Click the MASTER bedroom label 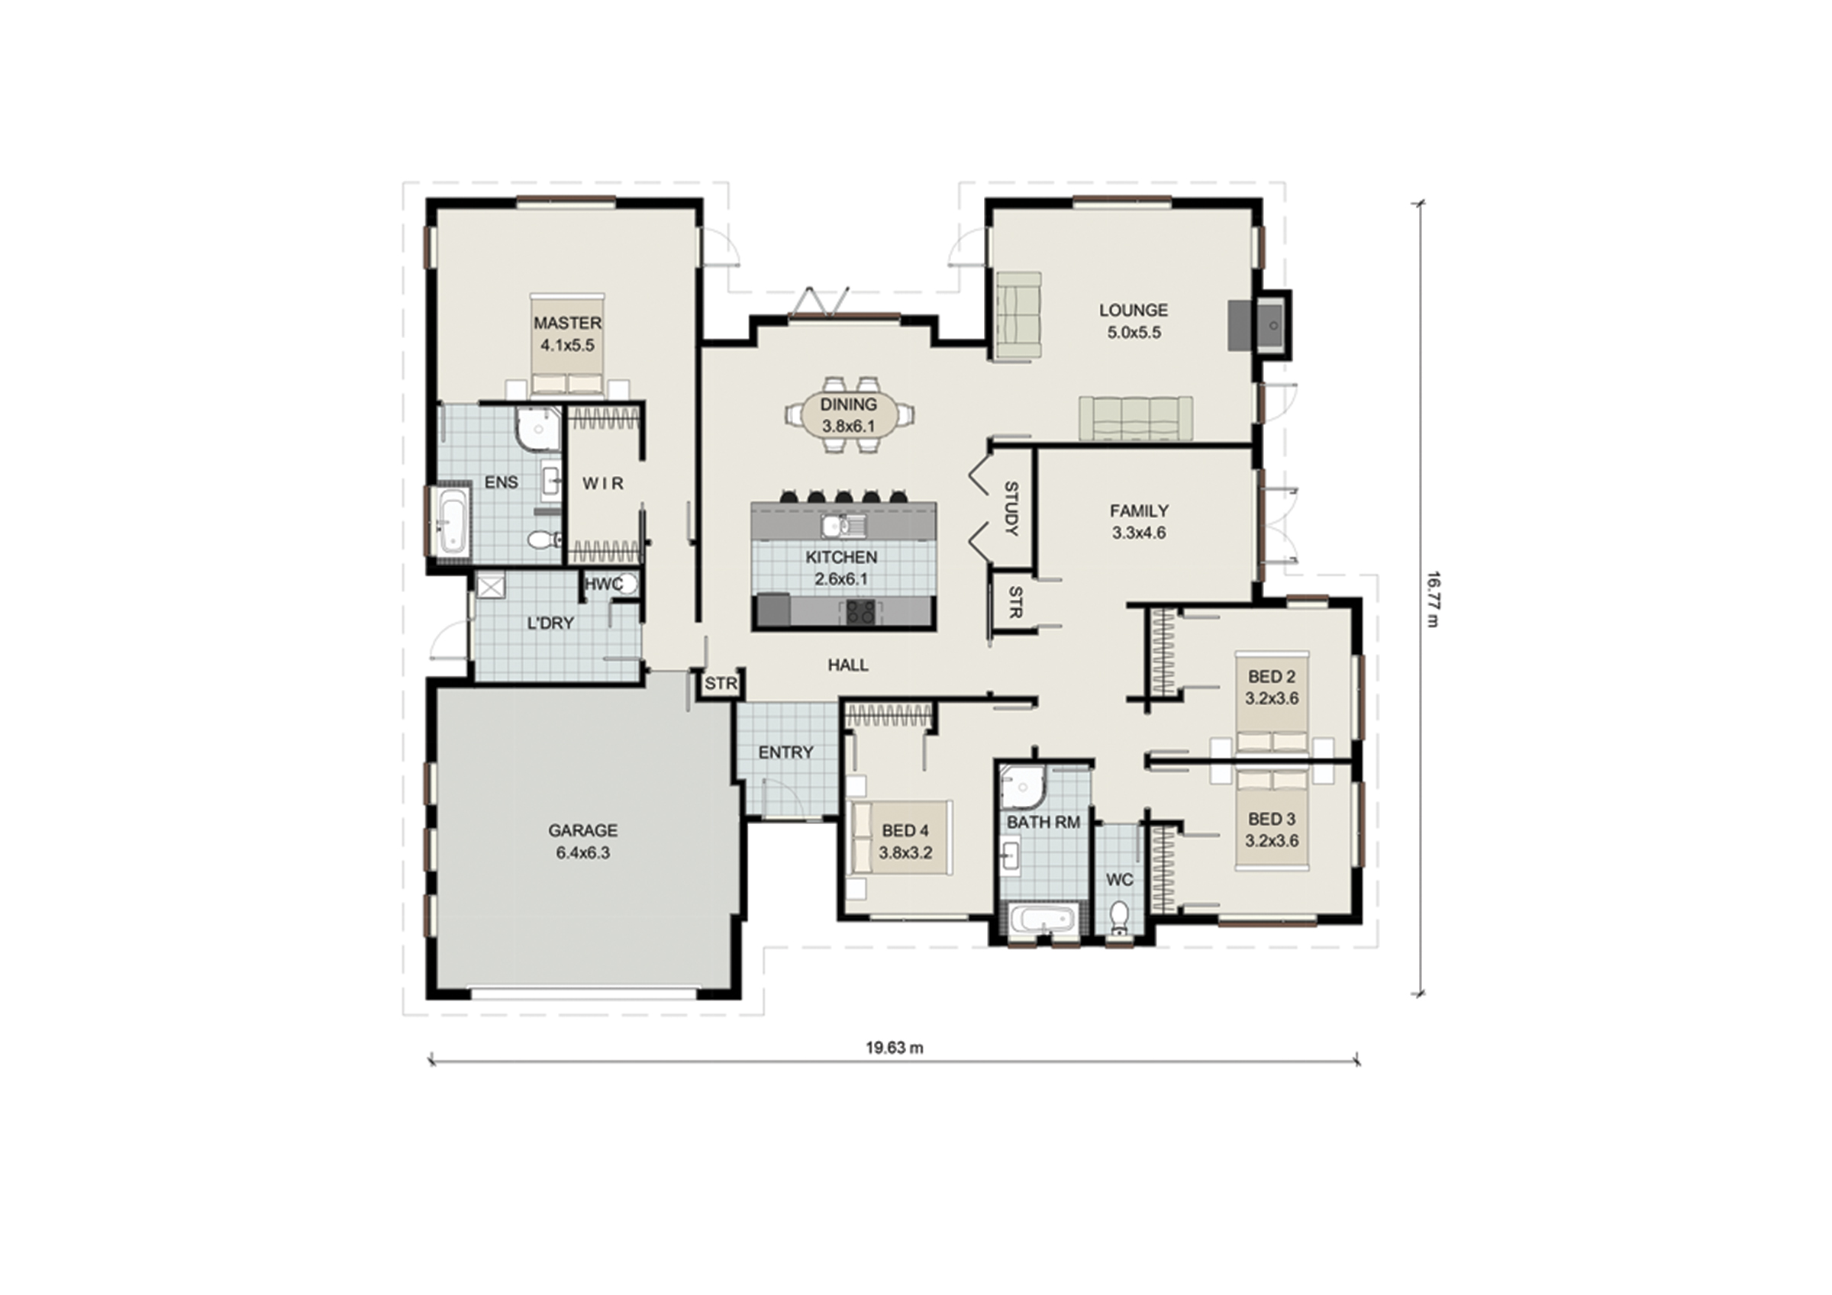(567, 323)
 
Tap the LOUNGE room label (1133, 311)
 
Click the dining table (849, 415)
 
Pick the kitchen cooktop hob (860, 612)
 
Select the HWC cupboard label (603, 584)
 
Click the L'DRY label (550, 623)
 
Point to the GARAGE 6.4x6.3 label (582, 842)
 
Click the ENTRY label (786, 752)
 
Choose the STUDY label (1011, 508)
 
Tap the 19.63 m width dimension (895, 1048)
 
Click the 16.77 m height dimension (1432, 598)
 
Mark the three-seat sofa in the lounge (1137, 418)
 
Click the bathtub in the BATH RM (1042, 920)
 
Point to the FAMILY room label (1139, 511)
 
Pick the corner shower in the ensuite (539, 427)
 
